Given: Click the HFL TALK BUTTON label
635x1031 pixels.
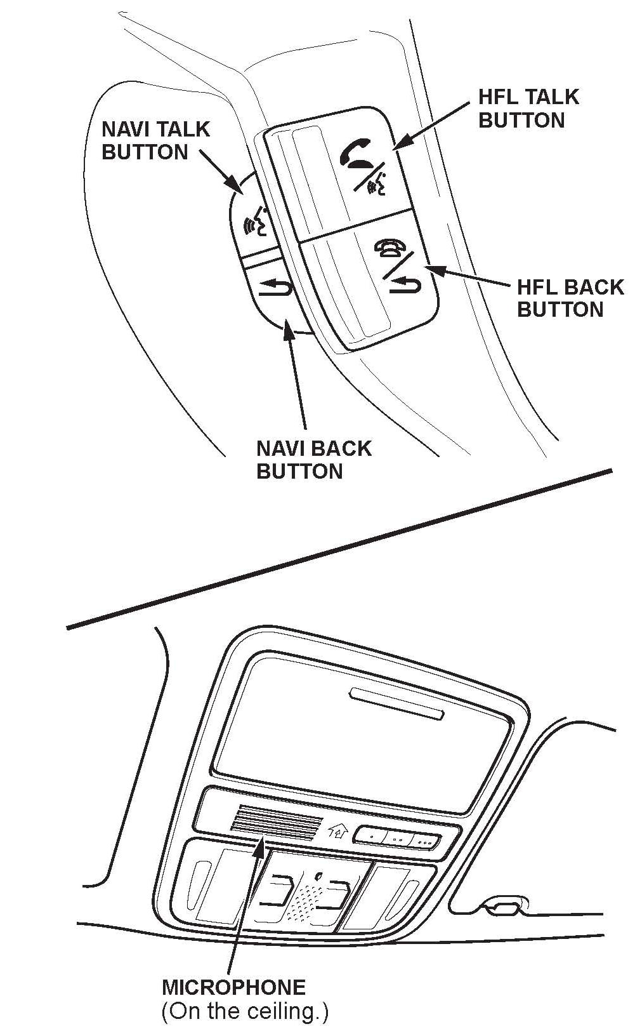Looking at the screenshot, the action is pos(528,109).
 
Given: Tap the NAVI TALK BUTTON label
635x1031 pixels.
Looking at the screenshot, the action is pos(155,140).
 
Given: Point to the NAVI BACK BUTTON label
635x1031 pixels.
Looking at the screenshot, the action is pos(313,460).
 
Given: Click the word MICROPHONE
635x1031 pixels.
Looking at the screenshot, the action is pos(233,987).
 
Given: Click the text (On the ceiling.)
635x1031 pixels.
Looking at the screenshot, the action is pos(245,1012).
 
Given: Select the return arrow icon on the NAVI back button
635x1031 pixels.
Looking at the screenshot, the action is pos(275,288).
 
